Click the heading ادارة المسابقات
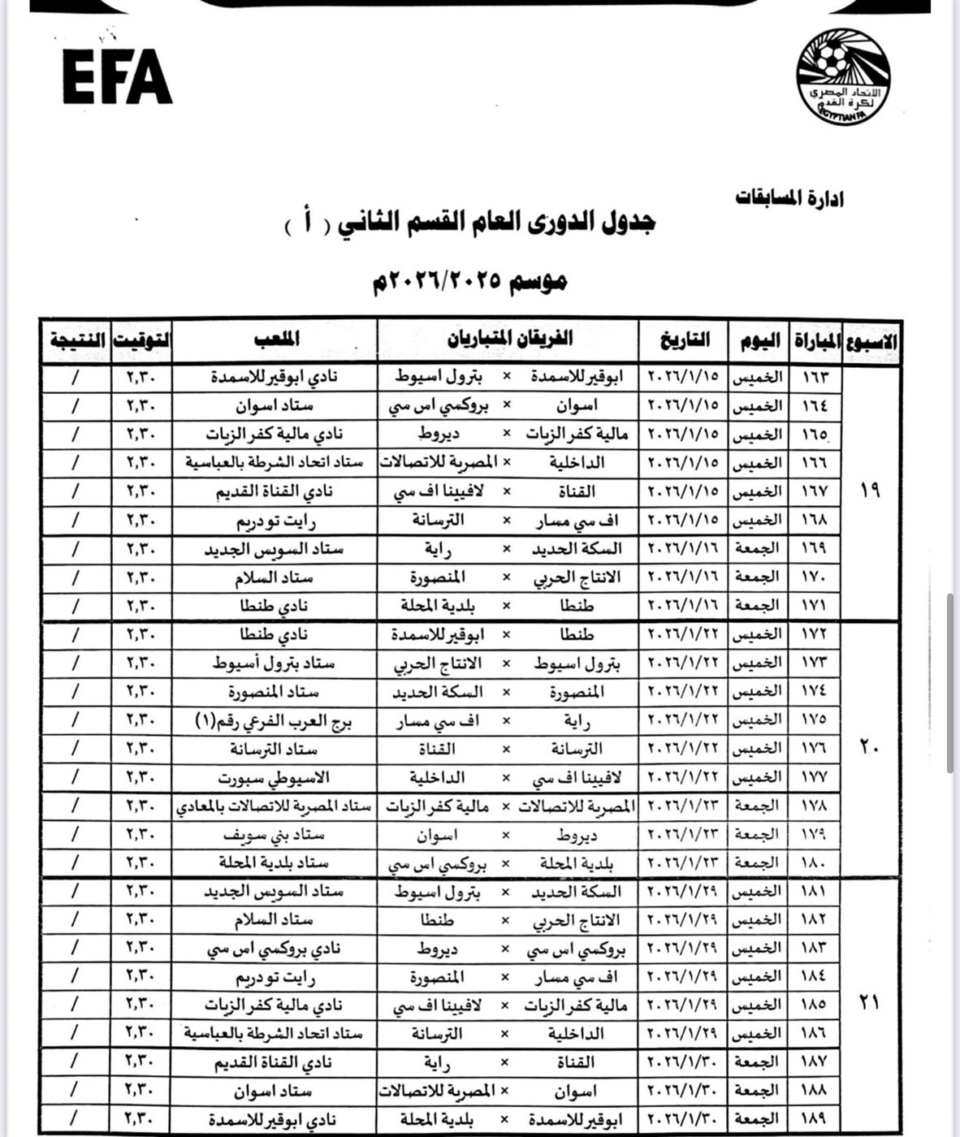[789, 197]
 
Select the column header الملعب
[275, 339]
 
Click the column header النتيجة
[76, 339]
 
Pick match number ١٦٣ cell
[813, 378]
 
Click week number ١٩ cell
[870, 491]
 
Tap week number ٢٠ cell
[870, 748]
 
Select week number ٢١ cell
[870, 1004]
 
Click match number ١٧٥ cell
[813, 720]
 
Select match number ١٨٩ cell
[813, 1120]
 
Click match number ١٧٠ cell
[813, 577]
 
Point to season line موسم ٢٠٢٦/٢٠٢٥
[469, 281]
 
